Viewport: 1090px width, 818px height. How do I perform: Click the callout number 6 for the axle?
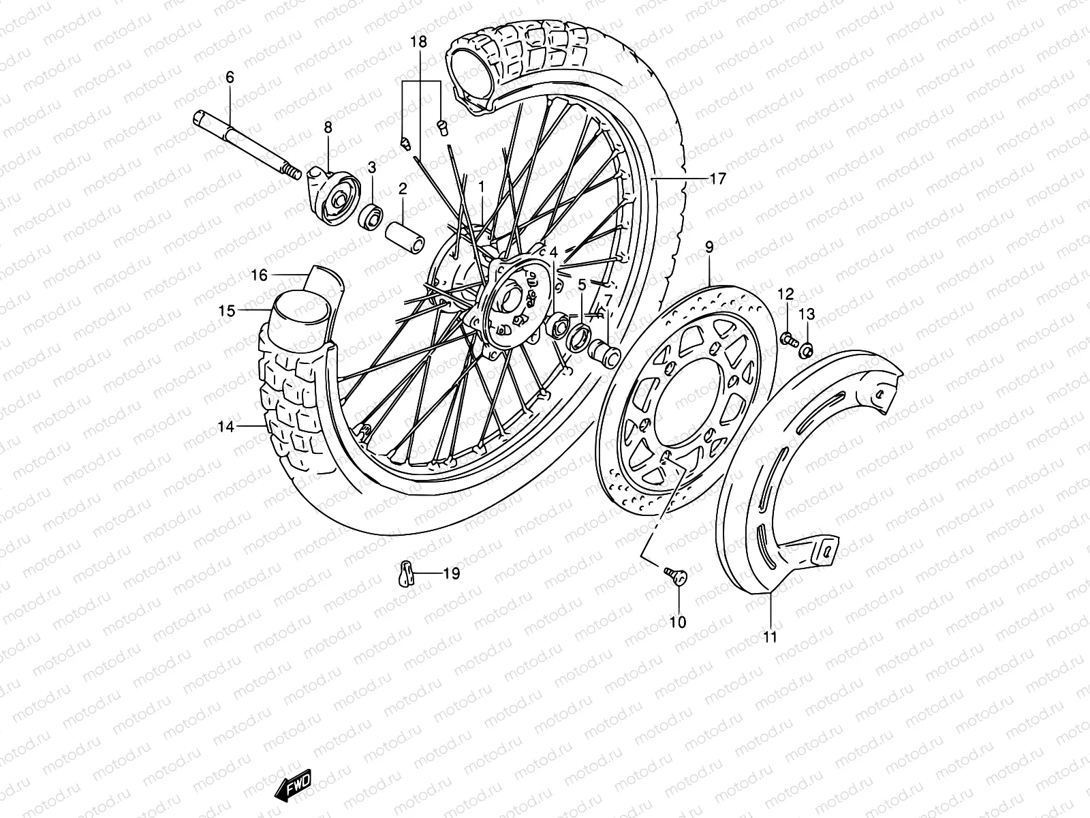coord(230,78)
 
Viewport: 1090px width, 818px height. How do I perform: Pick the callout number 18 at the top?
coord(418,42)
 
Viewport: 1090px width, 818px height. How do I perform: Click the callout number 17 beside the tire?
coord(718,179)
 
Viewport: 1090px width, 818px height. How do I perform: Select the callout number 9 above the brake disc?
coord(709,247)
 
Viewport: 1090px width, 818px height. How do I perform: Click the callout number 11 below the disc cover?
coord(770,637)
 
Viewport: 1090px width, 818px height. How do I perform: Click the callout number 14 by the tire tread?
coord(226,427)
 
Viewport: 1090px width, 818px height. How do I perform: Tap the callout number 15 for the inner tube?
coord(227,311)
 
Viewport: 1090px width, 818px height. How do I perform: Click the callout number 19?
coord(451,574)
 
